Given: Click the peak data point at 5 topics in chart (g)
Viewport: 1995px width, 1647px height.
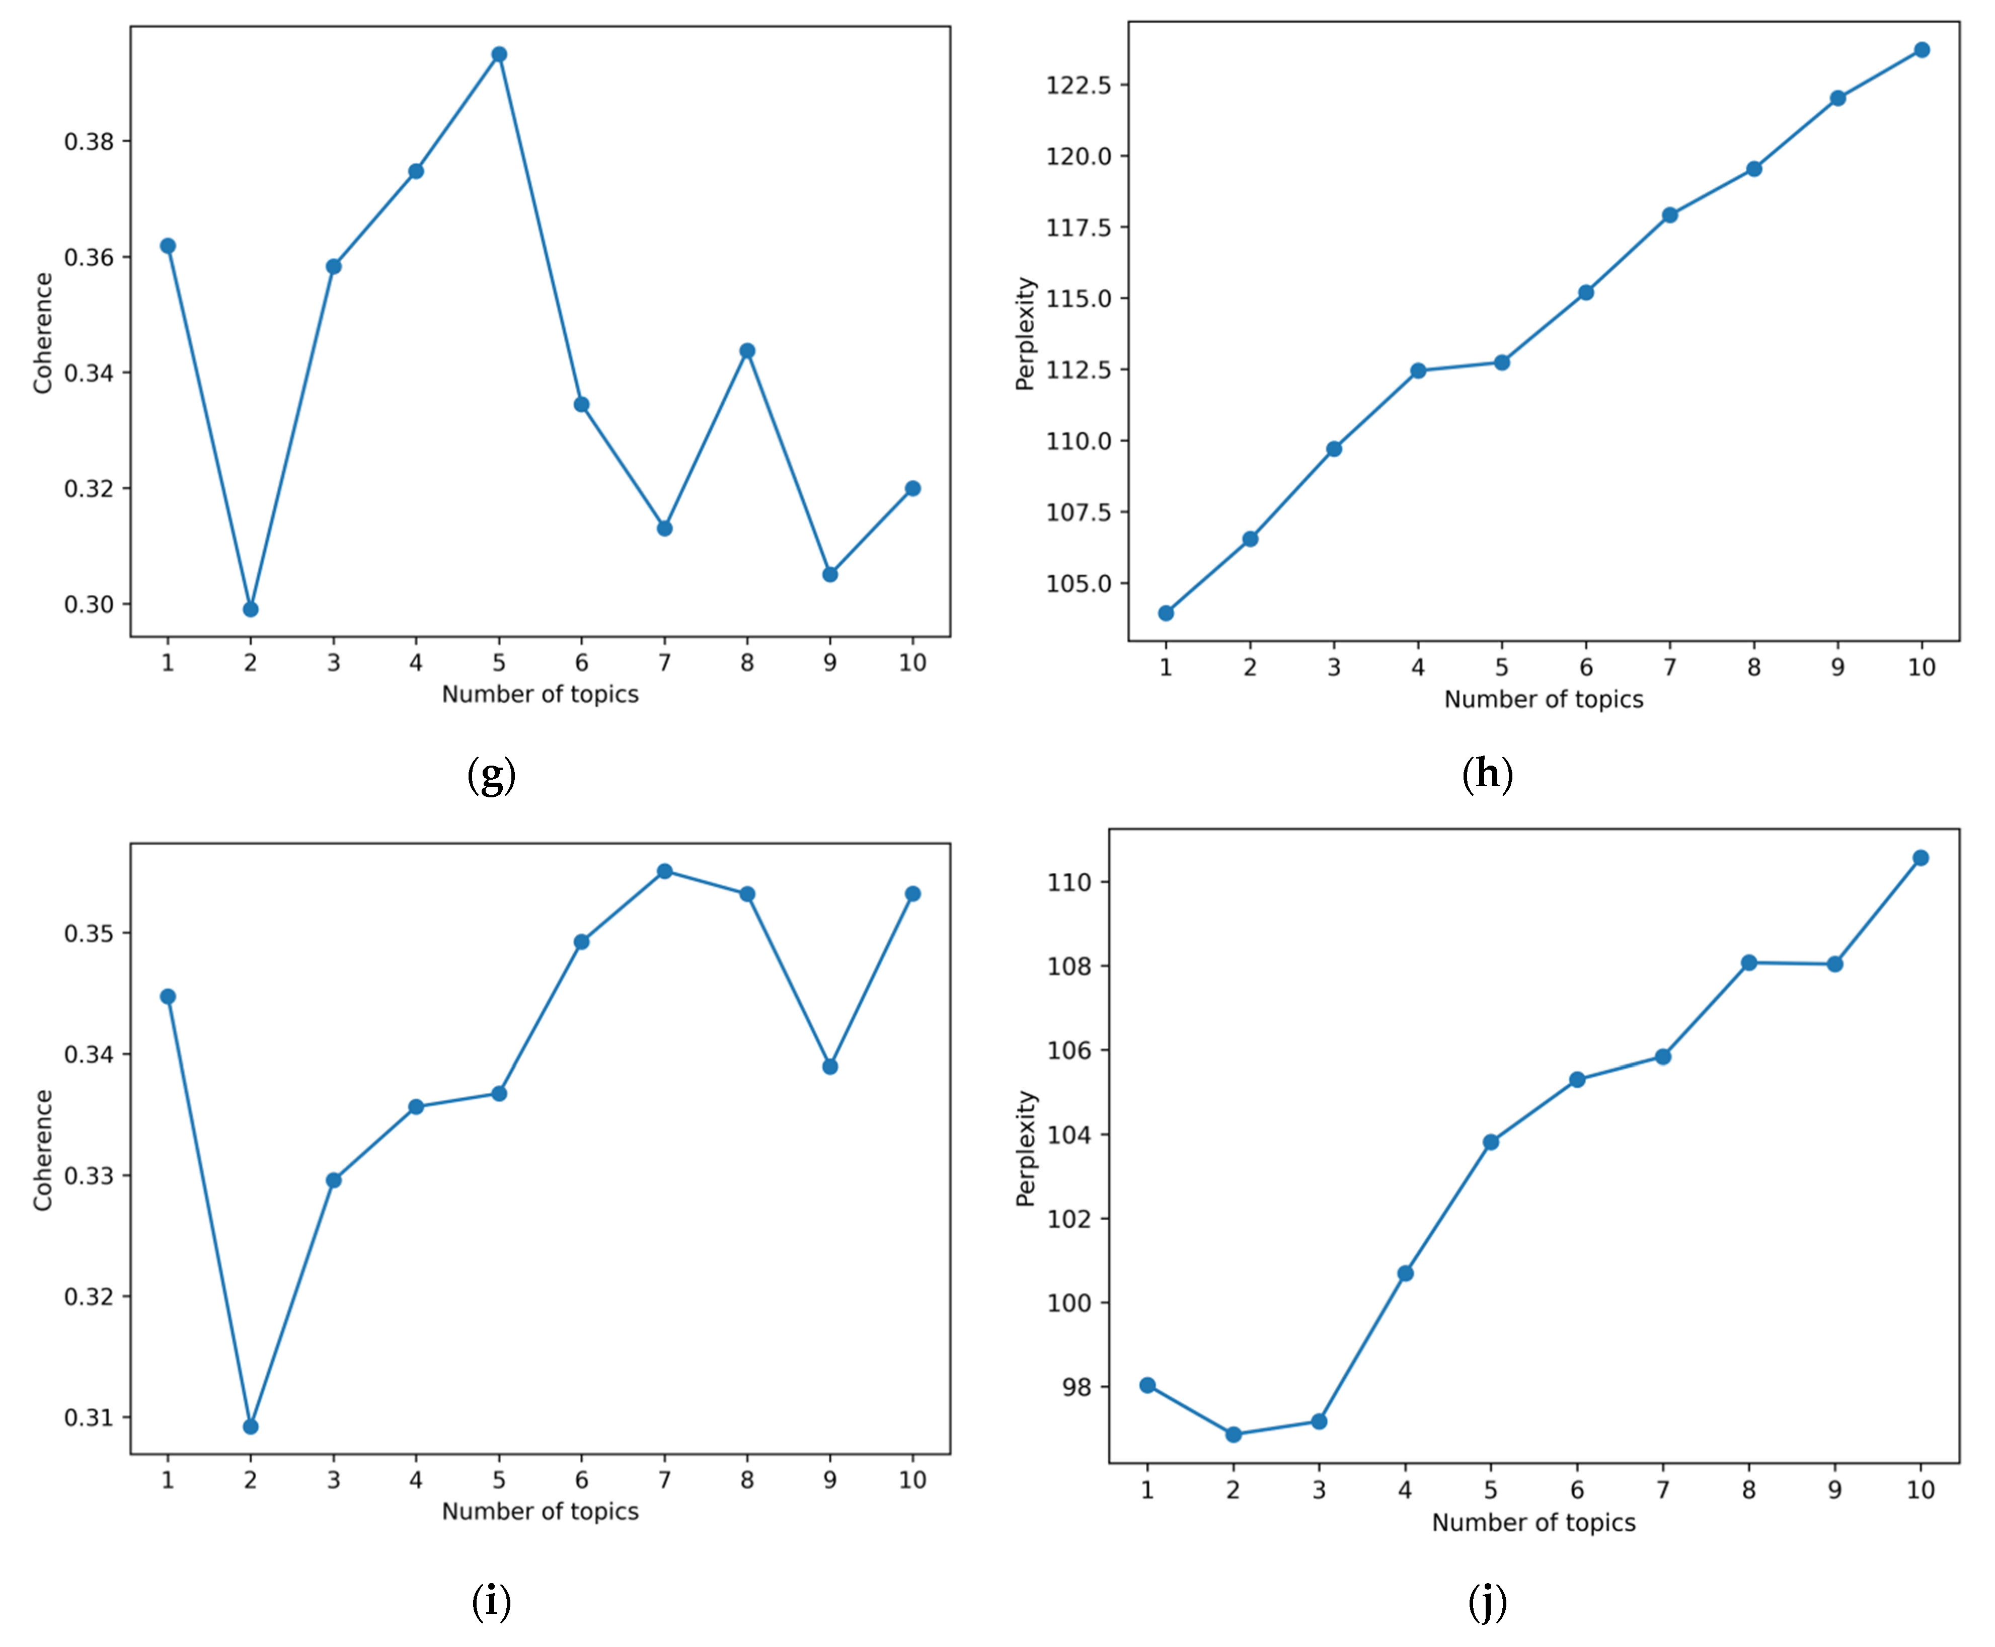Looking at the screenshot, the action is pyautogui.click(x=499, y=54).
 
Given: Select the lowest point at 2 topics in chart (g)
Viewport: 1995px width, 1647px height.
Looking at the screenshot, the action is pyautogui.click(x=251, y=609).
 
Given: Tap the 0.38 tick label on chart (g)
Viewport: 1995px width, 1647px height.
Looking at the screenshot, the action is pyautogui.click(x=89, y=141).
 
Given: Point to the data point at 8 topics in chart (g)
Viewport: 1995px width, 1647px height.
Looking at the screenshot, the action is pyautogui.click(x=747, y=351).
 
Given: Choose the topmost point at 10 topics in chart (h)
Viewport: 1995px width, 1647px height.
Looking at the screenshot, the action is pyautogui.click(x=1921, y=49).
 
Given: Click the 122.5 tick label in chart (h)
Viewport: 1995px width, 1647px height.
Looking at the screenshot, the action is pyautogui.click(x=1078, y=85).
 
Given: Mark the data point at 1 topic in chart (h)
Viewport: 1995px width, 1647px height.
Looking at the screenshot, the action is pyautogui.click(x=1166, y=613).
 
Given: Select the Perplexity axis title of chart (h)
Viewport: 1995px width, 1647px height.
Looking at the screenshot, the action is pyautogui.click(x=1026, y=333).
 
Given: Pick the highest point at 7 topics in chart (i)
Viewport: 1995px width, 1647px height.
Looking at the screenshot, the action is pyautogui.click(x=665, y=871).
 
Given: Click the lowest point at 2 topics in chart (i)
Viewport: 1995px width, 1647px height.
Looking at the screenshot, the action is pyautogui.click(x=251, y=1426).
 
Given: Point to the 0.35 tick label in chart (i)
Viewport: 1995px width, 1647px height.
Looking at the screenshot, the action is pyautogui.click(x=89, y=934).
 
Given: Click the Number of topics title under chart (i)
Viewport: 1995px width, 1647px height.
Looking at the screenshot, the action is pyautogui.click(x=540, y=1511).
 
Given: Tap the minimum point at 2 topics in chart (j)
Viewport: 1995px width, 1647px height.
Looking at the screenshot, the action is pyautogui.click(x=1233, y=1435).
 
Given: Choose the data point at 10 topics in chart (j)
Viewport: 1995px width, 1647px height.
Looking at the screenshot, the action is pyautogui.click(x=1921, y=858).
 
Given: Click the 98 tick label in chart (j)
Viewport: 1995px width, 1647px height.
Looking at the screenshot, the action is pyautogui.click(x=1078, y=1387).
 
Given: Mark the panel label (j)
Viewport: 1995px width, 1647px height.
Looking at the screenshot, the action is pyautogui.click(x=1488, y=1602).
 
